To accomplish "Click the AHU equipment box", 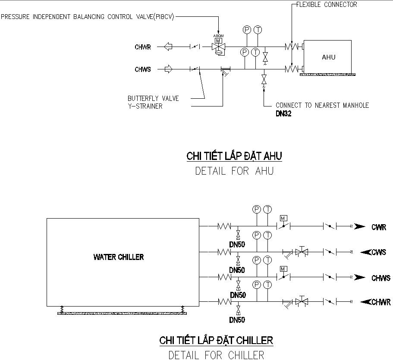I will click(x=328, y=57).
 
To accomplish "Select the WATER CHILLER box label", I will click(x=119, y=257).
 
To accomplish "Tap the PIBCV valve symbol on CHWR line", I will click(x=219, y=47).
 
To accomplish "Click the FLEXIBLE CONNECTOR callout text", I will click(x=327, y=5).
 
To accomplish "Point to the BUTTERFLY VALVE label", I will click(x=153, y=98).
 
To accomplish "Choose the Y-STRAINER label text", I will click(x=145, y=106).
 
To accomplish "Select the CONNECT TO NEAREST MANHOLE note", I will click(x=322, y=105).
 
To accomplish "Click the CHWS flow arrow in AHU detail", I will click(x=167, y=69).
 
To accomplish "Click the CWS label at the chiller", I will click(x=379, y=252).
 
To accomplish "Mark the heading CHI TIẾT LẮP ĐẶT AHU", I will click(x=234, y=156).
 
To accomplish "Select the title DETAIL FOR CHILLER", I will click(x=216, y=355).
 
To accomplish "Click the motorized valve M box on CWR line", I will click(x=283, y=218).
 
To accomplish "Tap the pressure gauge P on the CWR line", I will click(x=257, y=209).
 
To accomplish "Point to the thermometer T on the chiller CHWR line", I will click(x=267, y=285).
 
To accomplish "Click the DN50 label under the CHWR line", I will click(x=237, y=320).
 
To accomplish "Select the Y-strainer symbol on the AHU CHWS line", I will click(x=225, y=71).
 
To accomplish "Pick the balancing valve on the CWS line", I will click(x=302, y=251).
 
